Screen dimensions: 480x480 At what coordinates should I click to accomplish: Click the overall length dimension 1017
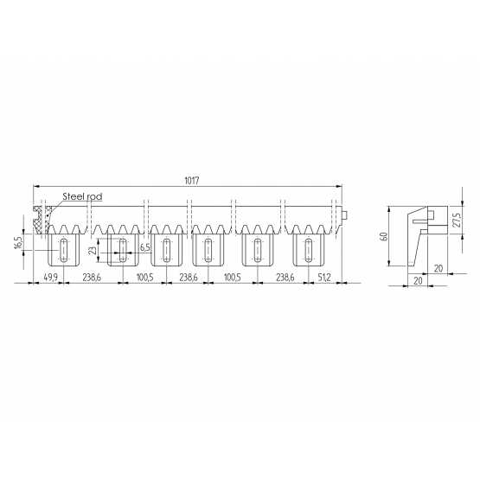click(192, 181)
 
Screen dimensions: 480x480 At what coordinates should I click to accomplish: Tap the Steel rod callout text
click(82, 196)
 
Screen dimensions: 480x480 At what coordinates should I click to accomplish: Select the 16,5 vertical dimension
click(19, 242)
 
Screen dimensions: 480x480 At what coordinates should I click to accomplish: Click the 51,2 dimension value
click(323, 278)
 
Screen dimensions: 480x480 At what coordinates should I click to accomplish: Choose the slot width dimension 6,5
click(144, 248)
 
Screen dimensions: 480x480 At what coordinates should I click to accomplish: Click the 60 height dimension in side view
click(385, 236)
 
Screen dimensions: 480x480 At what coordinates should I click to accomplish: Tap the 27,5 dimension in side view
click(457, 220)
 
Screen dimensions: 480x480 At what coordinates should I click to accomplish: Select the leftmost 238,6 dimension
click(92, 278)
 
